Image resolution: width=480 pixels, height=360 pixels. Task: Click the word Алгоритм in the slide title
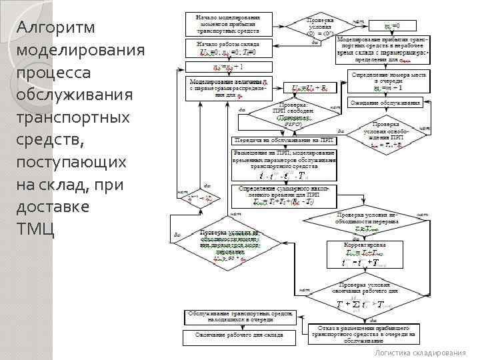[57, 27]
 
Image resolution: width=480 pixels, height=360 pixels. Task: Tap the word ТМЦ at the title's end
[35, 229]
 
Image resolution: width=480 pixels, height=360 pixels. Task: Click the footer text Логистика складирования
[420, 353]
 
